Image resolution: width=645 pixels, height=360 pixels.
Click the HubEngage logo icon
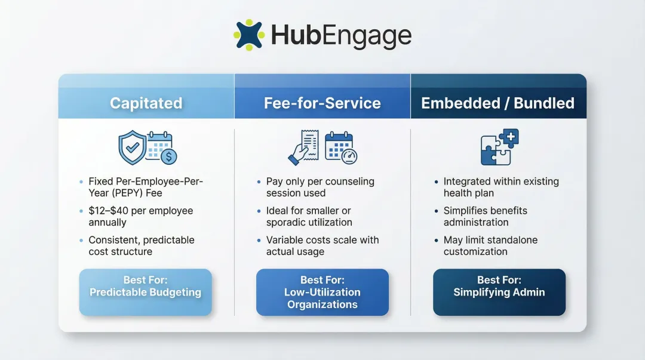pos(248,35)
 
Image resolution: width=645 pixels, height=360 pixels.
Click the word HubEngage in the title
pos(341,36)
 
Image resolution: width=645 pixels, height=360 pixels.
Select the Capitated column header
pos(146,103)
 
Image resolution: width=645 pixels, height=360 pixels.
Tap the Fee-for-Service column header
pos(322,103)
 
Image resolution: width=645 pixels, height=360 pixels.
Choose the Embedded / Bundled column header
pos(497,103)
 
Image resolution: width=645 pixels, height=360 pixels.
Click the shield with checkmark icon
pos(133,146)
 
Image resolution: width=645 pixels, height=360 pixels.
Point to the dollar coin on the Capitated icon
pos(168,156)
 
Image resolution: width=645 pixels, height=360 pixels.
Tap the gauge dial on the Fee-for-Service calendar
pos(348,156)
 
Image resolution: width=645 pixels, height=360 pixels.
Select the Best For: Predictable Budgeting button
pos(145,292)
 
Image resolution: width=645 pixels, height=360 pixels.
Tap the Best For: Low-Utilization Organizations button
pos(322,292)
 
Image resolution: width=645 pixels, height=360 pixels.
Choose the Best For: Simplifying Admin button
pos(499,292)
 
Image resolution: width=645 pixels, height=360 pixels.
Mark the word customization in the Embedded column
pos(475,251)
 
